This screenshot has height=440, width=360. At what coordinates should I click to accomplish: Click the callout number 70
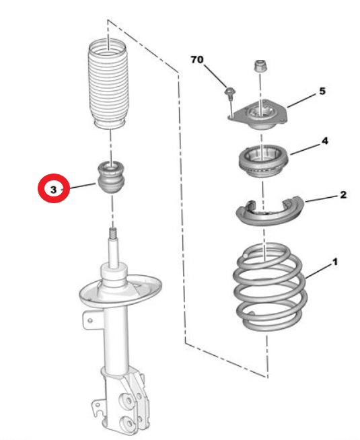(197, 59)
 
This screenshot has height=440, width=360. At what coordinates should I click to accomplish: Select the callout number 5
(322, 91)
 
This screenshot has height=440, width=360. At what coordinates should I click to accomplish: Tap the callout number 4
(324, 141)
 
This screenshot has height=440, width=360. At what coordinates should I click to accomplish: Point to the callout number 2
(343, 194)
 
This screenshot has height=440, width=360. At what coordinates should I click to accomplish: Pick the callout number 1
(334, 262)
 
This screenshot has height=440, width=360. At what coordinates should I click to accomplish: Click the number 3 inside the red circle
(53, 190)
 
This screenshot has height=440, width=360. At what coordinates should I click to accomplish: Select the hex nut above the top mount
(260, 66)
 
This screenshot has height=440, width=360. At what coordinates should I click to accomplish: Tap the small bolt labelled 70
(230, 94)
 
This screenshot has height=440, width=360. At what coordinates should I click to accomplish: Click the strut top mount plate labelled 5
(258, 115)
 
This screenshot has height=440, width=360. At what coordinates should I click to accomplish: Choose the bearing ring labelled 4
(263, 161)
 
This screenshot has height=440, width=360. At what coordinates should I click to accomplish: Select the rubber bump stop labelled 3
(112, 178)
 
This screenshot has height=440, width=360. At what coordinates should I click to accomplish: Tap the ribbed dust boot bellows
(108, 84)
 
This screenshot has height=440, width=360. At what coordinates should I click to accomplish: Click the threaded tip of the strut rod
(113, 232)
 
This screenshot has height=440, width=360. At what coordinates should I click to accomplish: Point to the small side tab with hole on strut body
(90, 320)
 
